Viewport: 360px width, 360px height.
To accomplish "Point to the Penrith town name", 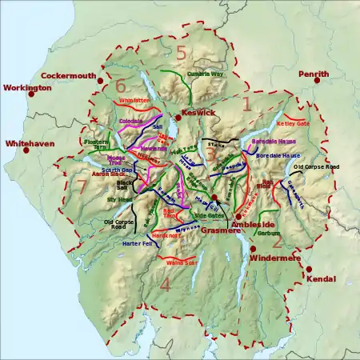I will click(313, 74).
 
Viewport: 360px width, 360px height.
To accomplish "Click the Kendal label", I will click(320, 279).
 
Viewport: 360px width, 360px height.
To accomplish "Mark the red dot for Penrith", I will click(302, 82).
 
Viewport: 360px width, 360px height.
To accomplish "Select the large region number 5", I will click(181, 54).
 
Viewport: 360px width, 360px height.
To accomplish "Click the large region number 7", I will click(82, 186).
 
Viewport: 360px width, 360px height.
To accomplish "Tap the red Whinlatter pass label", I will click(134, 101).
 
